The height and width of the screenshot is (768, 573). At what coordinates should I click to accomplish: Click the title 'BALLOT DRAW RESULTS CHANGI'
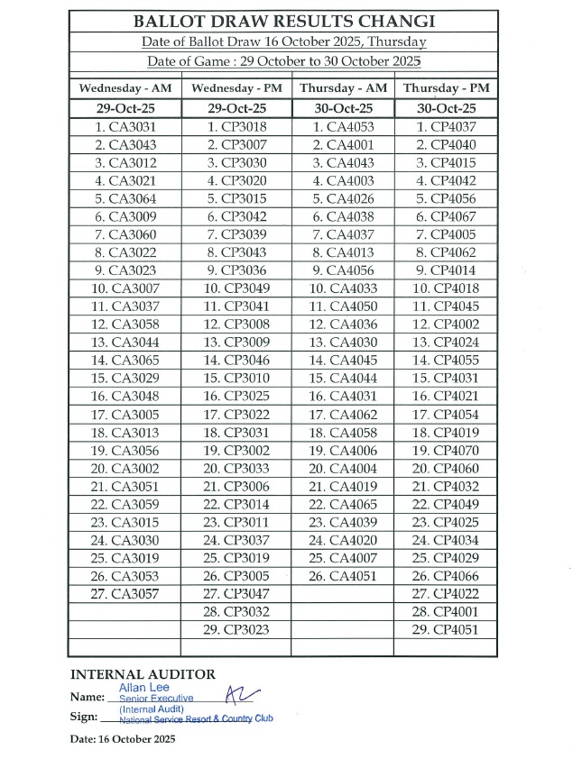283,22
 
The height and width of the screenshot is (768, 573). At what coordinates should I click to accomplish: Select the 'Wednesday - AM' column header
125,88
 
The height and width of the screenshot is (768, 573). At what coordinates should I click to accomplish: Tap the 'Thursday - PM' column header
446,88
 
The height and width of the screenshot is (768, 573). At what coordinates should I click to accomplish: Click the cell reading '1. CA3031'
125,127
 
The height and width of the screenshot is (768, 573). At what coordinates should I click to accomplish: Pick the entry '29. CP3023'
236,630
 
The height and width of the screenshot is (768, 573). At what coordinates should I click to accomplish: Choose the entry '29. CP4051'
445,630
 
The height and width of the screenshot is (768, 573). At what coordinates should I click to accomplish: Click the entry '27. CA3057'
125,594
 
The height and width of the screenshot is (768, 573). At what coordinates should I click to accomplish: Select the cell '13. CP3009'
236,343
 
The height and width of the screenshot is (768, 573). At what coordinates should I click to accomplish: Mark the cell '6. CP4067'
445,217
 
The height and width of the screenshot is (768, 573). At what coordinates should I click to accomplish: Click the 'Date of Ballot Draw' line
283,41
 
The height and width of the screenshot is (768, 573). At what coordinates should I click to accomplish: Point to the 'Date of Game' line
283,61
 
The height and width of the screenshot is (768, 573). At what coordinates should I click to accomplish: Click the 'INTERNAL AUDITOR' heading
143,674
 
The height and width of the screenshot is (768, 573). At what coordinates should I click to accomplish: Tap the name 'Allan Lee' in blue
142,688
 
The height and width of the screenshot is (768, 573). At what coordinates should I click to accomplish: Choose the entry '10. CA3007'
125,288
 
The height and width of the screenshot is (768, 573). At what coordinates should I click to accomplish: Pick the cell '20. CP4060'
445,469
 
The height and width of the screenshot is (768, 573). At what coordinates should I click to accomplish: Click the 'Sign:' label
83,717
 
